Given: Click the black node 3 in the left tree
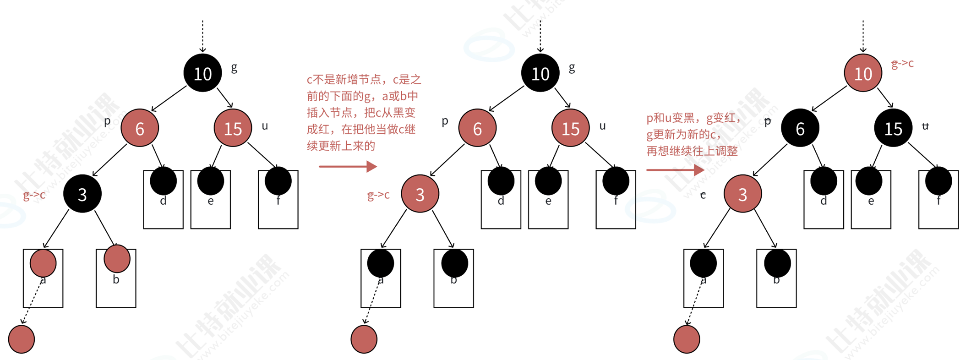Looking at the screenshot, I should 82,194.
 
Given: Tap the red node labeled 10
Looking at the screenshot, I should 863,73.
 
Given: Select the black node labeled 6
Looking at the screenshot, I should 800,129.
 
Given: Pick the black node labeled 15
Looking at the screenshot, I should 893,129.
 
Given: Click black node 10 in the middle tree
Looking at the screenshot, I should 540,73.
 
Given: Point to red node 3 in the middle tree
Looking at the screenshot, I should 420,194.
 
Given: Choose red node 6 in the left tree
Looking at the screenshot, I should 140,129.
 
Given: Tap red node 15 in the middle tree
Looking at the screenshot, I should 570,129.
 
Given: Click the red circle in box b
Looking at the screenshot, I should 117,259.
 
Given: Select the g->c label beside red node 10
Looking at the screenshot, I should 902,64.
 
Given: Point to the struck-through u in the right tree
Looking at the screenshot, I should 925,126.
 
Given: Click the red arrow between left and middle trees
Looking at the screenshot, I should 348,166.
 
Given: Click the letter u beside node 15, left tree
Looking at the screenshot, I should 265,126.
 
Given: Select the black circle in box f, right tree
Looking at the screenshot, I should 938,180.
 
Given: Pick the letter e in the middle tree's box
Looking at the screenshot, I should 548,201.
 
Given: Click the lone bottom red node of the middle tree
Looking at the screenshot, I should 364,339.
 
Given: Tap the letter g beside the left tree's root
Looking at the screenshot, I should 234,68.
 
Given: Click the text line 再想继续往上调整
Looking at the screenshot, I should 692,151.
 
